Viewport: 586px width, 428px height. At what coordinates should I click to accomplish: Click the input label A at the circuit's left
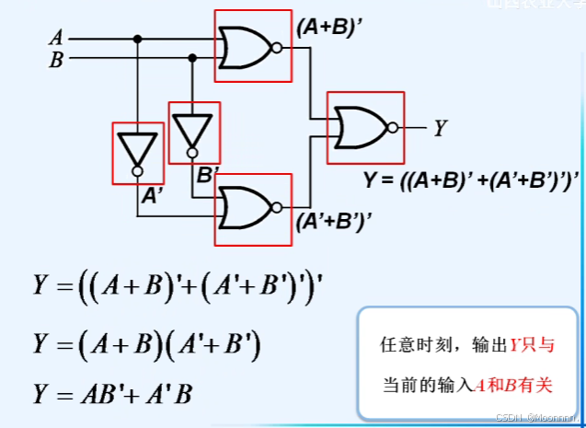57,39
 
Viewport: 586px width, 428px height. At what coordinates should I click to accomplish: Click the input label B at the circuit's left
57,61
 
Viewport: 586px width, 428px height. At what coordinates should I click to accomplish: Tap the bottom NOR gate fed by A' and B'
247,207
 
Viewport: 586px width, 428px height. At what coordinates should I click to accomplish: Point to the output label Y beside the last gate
442,129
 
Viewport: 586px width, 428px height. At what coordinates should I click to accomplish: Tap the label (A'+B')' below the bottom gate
327,222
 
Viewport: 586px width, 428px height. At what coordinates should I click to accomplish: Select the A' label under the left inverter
150,194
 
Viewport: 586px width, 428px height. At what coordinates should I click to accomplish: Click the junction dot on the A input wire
138,39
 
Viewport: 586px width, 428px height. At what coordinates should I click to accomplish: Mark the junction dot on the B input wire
192,57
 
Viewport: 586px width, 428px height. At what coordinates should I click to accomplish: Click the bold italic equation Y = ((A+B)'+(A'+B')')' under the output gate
471,179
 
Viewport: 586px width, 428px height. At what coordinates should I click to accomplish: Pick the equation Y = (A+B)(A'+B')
148,345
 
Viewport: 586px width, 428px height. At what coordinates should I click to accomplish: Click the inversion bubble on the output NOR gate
393,127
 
